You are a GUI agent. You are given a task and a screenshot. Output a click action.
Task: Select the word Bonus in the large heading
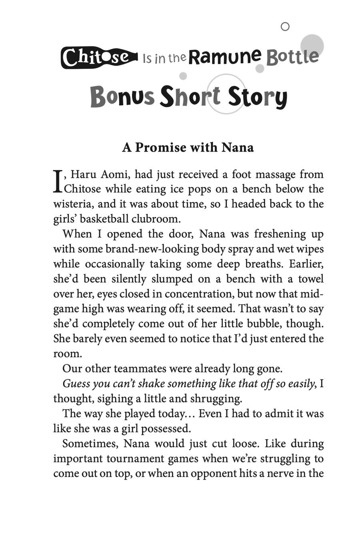122,97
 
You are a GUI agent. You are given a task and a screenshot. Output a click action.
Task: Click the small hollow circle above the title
285,27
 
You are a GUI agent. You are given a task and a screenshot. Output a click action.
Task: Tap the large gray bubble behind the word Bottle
312,44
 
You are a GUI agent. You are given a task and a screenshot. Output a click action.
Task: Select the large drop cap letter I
58,181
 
